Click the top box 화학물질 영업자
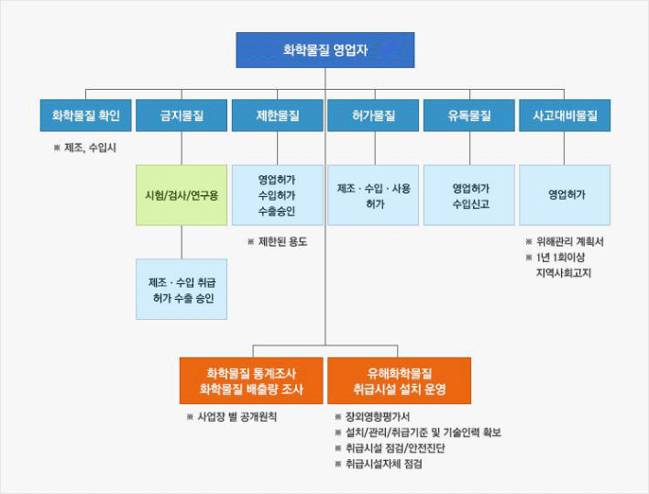pyautogui.click(x=324, y=50)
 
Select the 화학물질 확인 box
pyautogui.click(x=86, y=115)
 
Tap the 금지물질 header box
pyautogui.click(x=182, y=115)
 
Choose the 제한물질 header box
pyautogui.click(x=277, y=115)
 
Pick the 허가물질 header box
pyautogui.click(x=374, y=115)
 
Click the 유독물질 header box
pyautogui.click(x=469, y=115)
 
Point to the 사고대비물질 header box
pyautogui.click(x=565, y=115)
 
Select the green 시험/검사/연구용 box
pyautogui.click(x=182, y=195)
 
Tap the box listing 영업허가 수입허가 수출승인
pyautogui.click(x=277, y=195)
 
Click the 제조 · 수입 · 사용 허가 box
pyautogui.click(x=374, y=195)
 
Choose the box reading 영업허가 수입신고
pyautogui.click(x=469, y=195)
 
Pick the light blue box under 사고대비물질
pyautogui.click(x=565, y=195)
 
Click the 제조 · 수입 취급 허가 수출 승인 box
pyautogui.click(x=182, y=289)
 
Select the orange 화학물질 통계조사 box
pyautogui.click(x=252, y=380)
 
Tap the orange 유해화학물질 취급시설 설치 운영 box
pyautogui.click(x=399, y=380)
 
